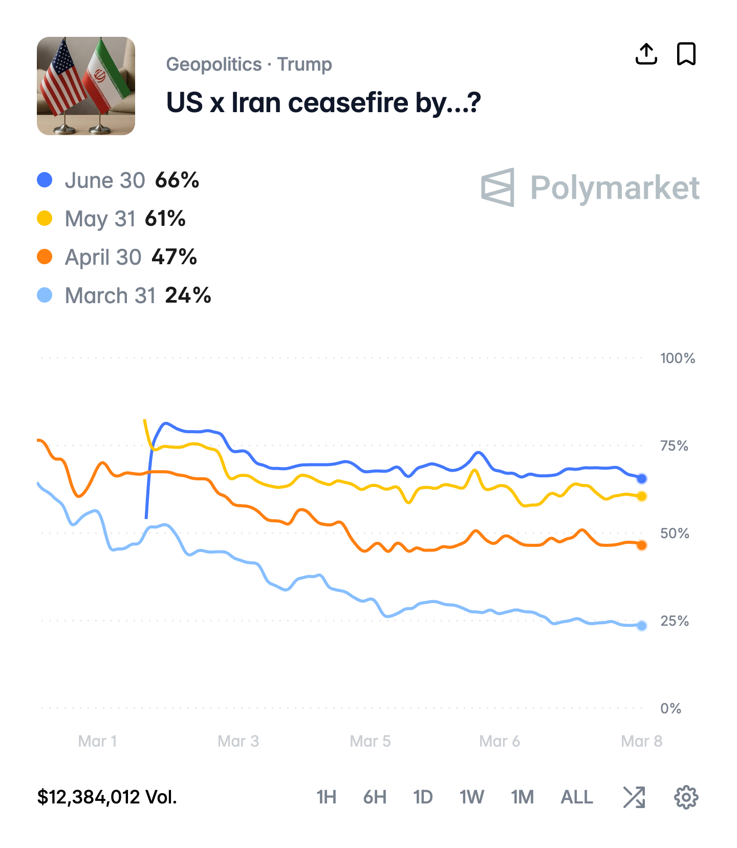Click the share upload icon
pyautogui.click(x=646, y=54)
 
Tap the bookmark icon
pyautogui.click(x=686, y=54)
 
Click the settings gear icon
pyautogui.click(x=686, y=797)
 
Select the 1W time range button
pyautogui.click(x=471, y=797)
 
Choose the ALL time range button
pyautogui.click(x=577, y=797)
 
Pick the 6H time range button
pyautogui.click(x=375, y=797)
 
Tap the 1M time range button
pyautogui.click(x=522, y=797)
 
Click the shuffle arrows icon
pyautogui.click(x=634, y=797)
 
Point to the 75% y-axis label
pyautogui.click(x=674, y=446)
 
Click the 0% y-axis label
pyautogui.click(x=670, y=708)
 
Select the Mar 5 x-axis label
pyautogui.click(x=370, y=741)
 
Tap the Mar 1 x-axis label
pyautogui.click(x=97, y=741)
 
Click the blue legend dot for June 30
pyautogui.click(x=45, y=180)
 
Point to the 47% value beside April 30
pyautogui.click(x=174, y=257)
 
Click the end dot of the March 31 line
pyautogui.click(x=642, y=625)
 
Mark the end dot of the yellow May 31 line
pyautogui.click(x=642, y=496)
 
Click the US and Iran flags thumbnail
pyautogui.click(x=86, y=86)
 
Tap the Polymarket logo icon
pyautogui.click(x=497, y=187)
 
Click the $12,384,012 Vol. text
pyautogui.click(x=107, y=797)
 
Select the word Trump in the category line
pyautogui.click(x=305, y=65)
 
